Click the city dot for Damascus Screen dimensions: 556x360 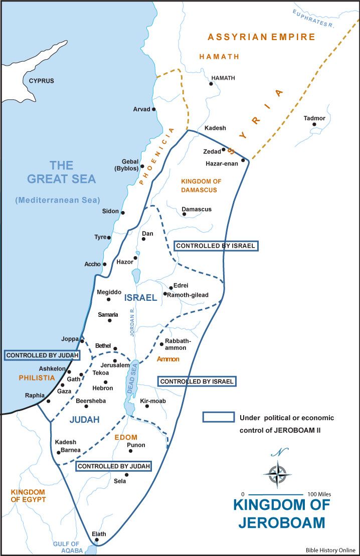pos(184,214)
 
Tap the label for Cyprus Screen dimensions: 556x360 pos(41,81)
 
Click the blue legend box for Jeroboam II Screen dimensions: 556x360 pos(218,417)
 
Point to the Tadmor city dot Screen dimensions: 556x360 pos(314,124)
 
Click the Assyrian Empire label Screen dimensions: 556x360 pos(261,37)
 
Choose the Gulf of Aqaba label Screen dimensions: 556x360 pos(67,547)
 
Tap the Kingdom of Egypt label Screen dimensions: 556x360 pos(28,496)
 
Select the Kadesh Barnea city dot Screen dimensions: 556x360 pos(59,452)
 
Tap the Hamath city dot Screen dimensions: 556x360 pos(211,84)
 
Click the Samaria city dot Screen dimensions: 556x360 pos(109,320)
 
